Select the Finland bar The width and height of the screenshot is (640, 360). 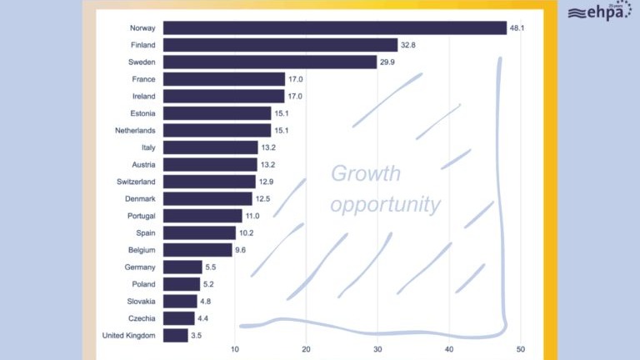(280, 45)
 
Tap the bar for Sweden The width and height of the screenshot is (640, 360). (270, 62)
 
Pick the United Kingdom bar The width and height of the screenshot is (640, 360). (176, 335)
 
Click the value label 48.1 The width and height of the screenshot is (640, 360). (517, 28)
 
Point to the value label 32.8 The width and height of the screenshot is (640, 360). (408, 45)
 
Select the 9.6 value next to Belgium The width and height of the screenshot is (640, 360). (242, 250)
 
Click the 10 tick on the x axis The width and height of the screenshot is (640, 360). (235, 349)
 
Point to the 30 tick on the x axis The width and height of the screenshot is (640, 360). (378, 349)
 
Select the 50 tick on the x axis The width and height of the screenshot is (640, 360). (521, 349)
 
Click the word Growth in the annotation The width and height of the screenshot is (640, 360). (366, 174)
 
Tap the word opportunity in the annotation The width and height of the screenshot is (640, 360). (385, 204)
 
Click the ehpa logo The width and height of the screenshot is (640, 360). (599, 12)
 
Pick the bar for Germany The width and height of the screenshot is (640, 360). (182, 267)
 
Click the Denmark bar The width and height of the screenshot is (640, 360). (207, 198)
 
